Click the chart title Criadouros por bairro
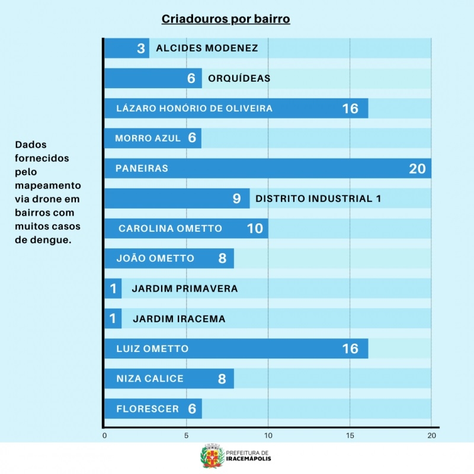(226, 20)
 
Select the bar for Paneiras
(267, 168)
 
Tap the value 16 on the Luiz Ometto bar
(350, 348)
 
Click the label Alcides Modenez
(207, 48)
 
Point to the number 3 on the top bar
(141, 48)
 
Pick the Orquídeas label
(239, 78)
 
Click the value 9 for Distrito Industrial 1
(236, 198)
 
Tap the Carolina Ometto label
(170, 229)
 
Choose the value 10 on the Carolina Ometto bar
(255, 229)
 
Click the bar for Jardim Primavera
(113, 289)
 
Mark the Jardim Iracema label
(179, 319)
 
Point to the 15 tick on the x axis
(350, 436)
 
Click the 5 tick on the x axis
(187, 436)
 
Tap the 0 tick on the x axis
(105, 436)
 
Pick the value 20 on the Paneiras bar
(417, 168)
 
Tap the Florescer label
(148, 409)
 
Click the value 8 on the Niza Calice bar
(222, 379)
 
